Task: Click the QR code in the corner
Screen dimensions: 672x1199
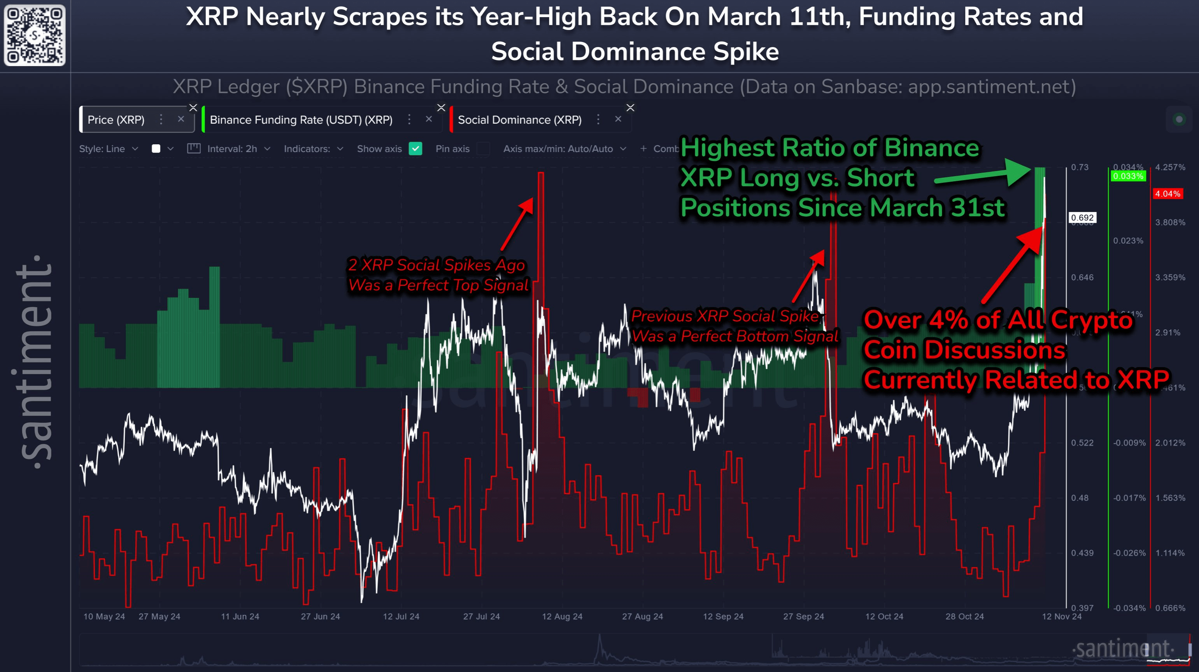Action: point(35,35)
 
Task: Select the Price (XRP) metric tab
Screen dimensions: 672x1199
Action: point(116,120)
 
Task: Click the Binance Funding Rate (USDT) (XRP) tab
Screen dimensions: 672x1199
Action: point(301,120)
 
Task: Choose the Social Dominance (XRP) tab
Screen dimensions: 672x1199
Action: point(519,120)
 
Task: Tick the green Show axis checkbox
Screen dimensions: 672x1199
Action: point(415,149)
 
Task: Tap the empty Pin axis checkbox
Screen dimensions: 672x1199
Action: point(483,149)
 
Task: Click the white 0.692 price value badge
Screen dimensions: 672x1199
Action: point(1082,218)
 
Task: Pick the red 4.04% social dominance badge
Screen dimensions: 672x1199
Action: point(1167,194)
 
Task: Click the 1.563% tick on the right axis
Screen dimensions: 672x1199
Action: point(1170,498)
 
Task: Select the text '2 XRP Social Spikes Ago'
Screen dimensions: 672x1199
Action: point(436,265)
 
